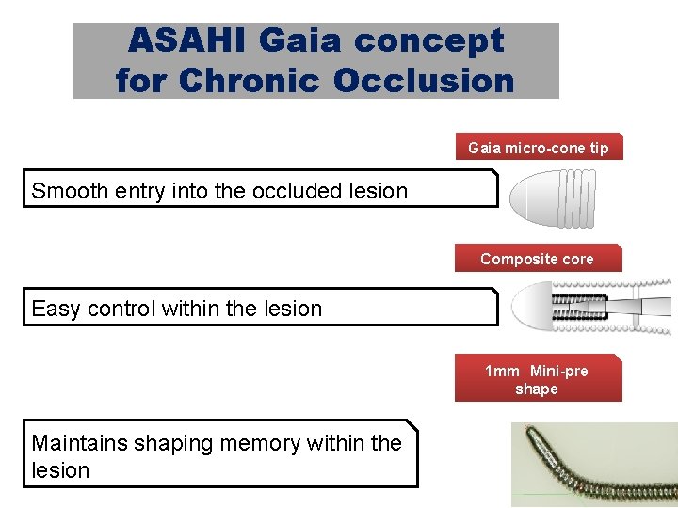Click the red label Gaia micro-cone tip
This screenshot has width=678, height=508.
tap(539, 148)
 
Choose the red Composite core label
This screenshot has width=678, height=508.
tap(538, 259)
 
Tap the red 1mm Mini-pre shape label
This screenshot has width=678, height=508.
tap(537, 379)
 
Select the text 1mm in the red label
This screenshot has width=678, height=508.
tap(502, 371)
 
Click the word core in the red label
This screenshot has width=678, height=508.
tap(577, 259)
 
